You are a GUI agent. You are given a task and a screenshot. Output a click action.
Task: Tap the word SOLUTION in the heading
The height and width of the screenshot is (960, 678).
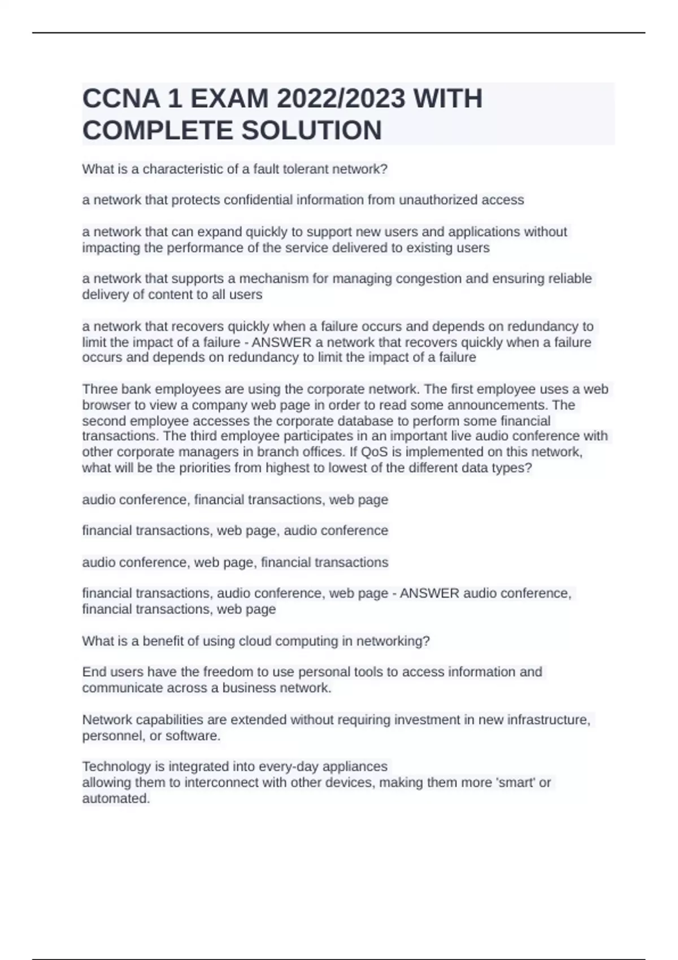pos(311,130)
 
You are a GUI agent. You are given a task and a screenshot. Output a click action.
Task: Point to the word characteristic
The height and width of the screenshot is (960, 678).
pos(182,169)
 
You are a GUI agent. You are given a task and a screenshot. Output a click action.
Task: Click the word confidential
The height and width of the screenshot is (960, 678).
pos(292,200)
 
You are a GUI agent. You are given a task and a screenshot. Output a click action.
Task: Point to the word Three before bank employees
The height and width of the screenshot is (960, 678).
pos(98,389)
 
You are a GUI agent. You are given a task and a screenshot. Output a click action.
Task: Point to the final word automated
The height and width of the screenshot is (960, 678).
pos(115,798)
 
